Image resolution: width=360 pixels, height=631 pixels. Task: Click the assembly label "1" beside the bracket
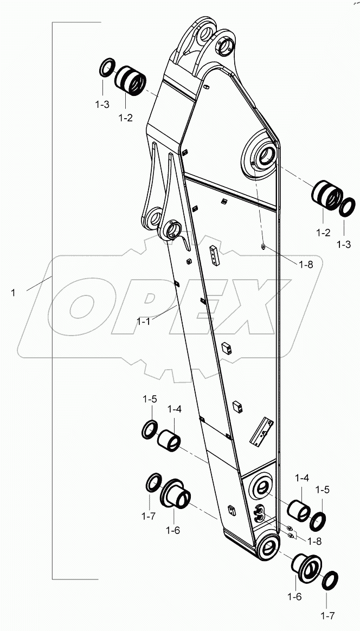(x=12, y=292)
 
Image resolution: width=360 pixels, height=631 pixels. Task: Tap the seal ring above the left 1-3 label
(x=107, y=69)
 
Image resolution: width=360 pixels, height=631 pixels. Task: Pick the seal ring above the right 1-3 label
(x=347, y=206)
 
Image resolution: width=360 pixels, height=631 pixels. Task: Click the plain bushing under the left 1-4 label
(x=169, y=440)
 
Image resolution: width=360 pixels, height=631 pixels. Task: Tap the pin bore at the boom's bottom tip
(x=267, y=546)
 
